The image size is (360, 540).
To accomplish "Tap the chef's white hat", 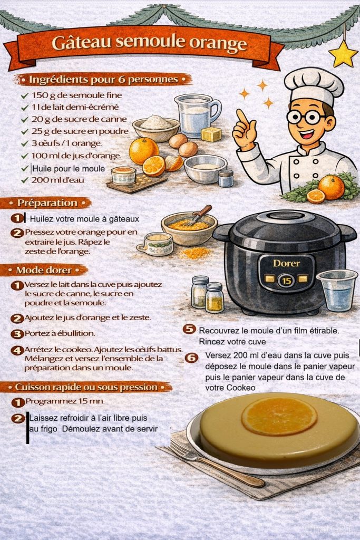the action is [314, 85].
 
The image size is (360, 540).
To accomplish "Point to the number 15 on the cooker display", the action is [286, 281].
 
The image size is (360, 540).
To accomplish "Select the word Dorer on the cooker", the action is [286, 264].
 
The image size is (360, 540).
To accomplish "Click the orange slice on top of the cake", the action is [279, 417].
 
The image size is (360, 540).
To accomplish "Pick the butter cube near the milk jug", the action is [211, 134].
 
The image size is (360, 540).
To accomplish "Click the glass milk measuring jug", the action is [197, 115].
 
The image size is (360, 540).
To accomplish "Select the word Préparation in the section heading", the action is [47, 203].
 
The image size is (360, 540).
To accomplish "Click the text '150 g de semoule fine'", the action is [77, 95].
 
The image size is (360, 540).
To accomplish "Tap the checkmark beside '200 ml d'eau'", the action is [24, 180].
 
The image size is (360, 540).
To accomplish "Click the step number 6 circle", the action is [191, 358].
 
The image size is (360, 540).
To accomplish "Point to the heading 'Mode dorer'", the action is [44, 270].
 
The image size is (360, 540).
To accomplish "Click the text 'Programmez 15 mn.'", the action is [65, 401].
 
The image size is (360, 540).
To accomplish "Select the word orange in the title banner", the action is [218, 43].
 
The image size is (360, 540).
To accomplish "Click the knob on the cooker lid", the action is [285, 216].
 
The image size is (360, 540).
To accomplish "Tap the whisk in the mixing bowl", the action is [197, 216].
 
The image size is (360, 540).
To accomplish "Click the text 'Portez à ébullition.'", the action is [60, 333].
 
